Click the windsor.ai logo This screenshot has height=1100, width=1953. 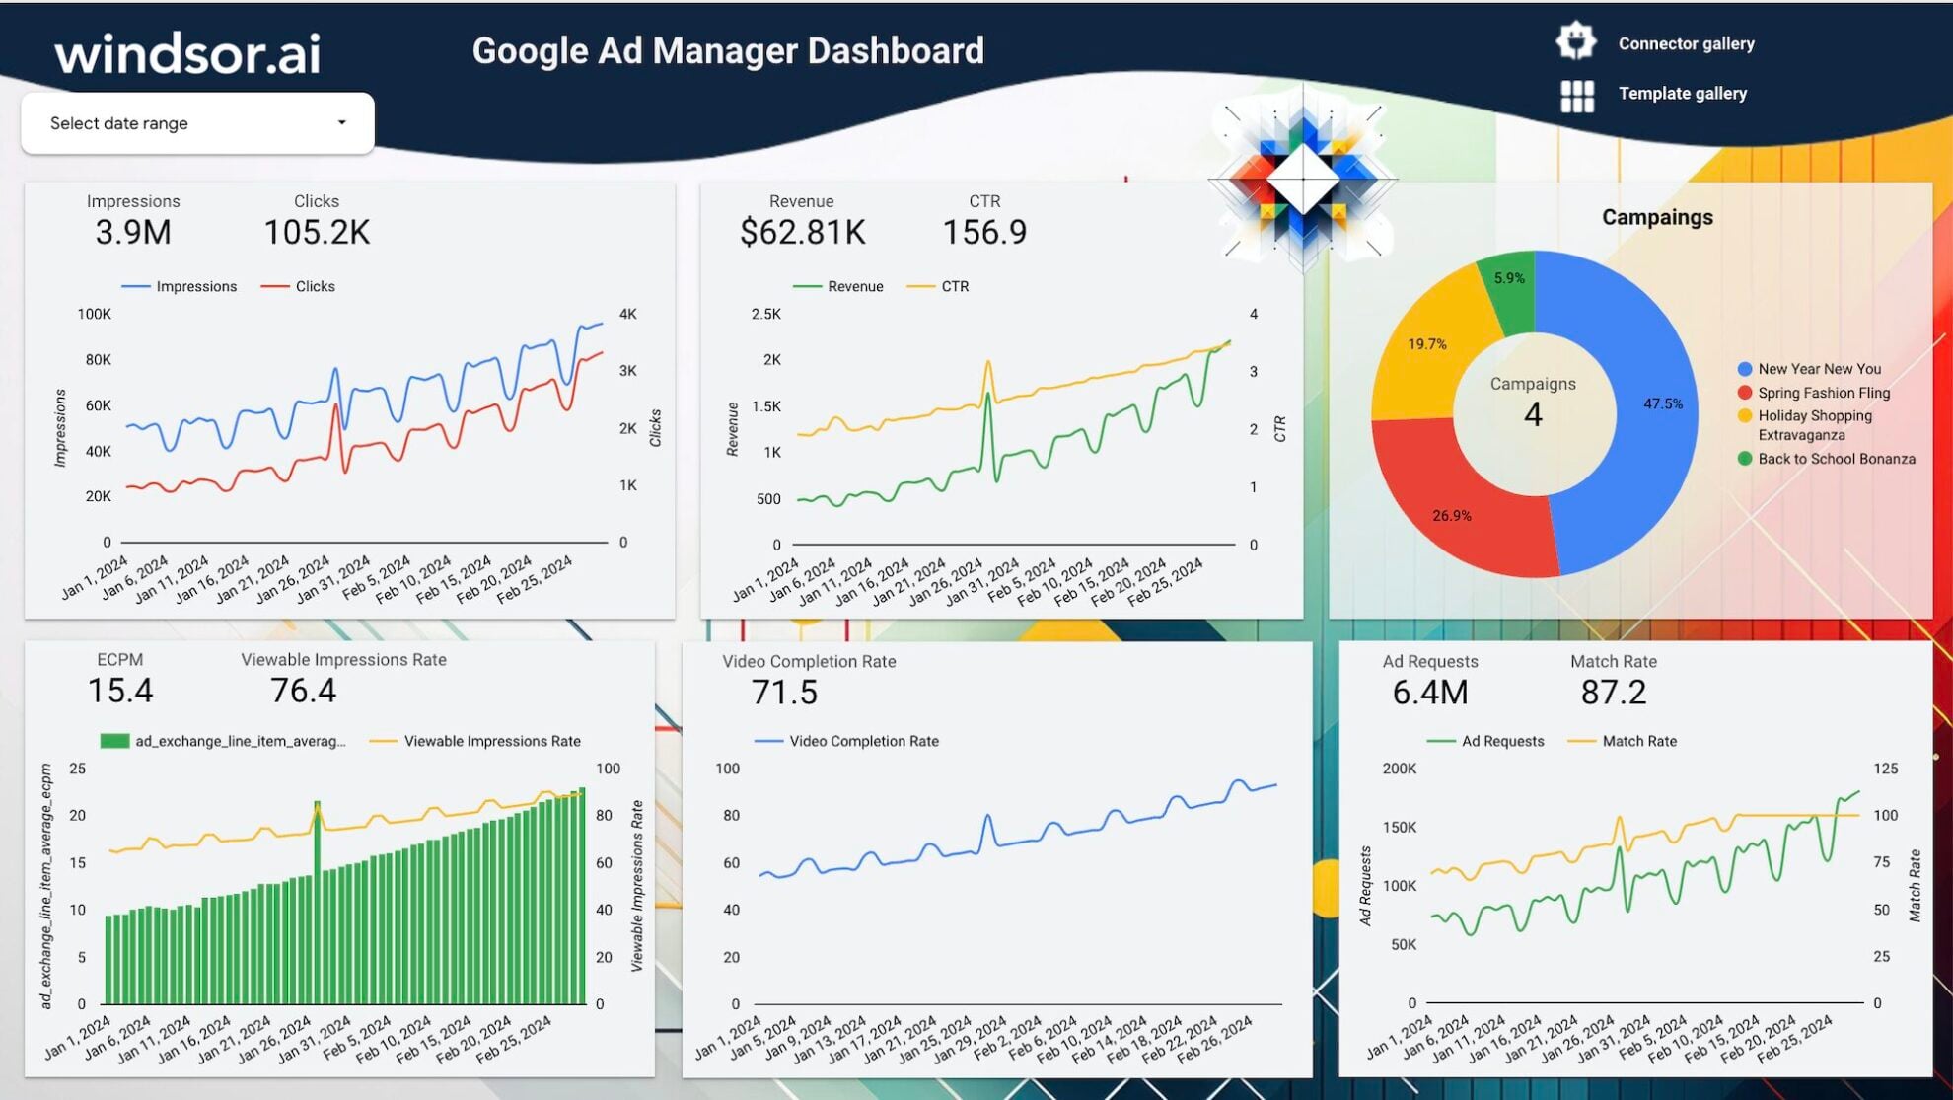tap(187, 53)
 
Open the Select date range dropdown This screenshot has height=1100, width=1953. tap(197, 123)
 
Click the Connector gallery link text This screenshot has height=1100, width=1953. tap(1686, 43)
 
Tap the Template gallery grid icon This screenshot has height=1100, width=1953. tap(1576, 96)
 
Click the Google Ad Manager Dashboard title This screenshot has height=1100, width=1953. tap(728, 50)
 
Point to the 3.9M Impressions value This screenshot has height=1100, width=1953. tap(133, 233)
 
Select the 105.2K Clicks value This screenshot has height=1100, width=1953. tap(317, 233)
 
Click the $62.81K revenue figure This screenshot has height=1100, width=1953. tap(802, 233)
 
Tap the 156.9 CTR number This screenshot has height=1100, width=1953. tap(984, 233)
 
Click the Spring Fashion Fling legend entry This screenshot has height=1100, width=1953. tap(1823, 393)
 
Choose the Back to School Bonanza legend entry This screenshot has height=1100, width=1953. tap(1836, 459)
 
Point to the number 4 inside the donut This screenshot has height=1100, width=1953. tap(1533, 414)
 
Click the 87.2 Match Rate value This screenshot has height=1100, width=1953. tap(1613, 693)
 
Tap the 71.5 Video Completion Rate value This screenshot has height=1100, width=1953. tap(784, 693)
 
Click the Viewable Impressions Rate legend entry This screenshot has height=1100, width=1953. tap(491, 741)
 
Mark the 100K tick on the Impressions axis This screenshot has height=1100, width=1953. tap(95, 315)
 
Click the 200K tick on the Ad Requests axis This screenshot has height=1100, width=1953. tap(1399, 769)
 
